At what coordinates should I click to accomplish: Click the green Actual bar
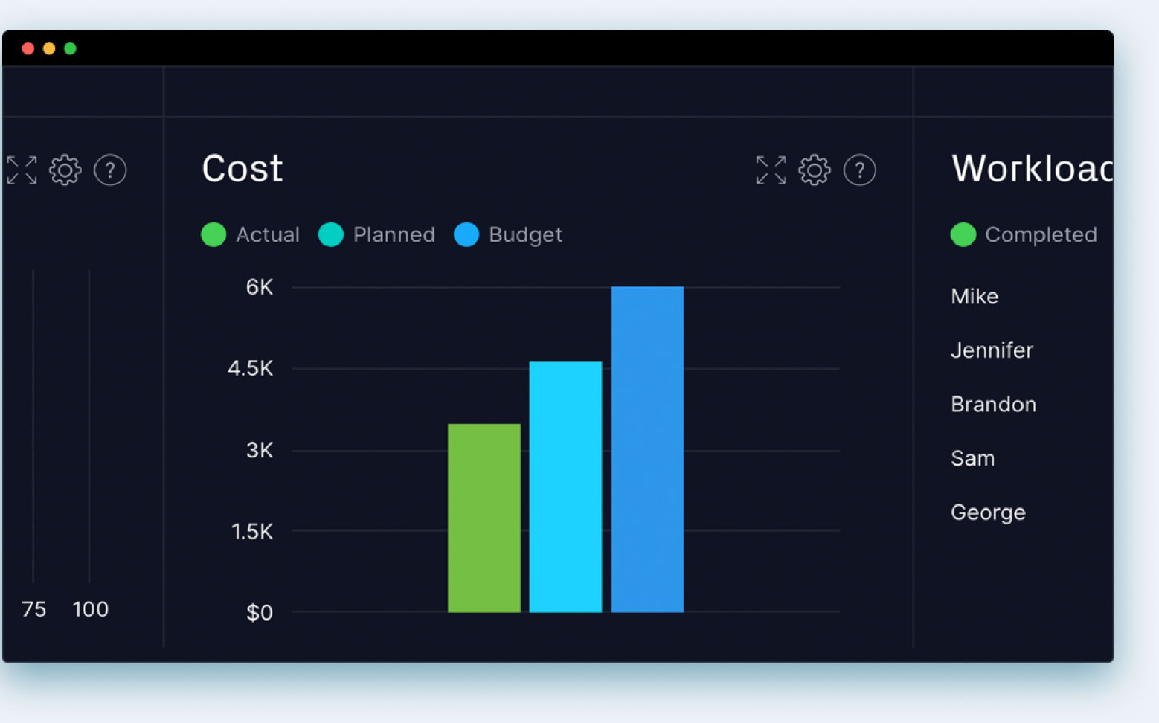click(x=484, y=518)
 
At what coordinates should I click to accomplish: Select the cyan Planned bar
click(x=565, y=486)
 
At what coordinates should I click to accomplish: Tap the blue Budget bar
click(x=647, y=449)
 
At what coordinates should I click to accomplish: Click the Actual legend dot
click(x=213, y=234)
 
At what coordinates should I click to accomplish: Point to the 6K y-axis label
click(x=260, y=287)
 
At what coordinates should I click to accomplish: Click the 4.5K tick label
click(x=251, y=368)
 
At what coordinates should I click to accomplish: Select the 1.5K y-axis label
click(x=252, y=531)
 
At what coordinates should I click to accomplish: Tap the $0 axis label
click(x=260, y=612)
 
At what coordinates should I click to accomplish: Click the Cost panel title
click(x=243, y=169)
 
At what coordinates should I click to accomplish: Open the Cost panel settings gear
click(x=815, y=170)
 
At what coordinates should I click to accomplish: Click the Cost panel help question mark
click(x=859, y=170)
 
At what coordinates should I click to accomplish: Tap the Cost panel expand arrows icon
click(x=771, y=170)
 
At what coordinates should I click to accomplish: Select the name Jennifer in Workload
click(x=992, y=350)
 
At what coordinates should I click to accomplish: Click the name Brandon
click(x=993, y=405)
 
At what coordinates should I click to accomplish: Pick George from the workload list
click(x=988, y=512)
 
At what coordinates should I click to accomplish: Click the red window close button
click(x=28, y=48)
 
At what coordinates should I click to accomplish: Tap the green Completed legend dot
click(x=963, y=234)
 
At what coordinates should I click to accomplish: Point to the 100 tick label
click(x=91, y=609)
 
